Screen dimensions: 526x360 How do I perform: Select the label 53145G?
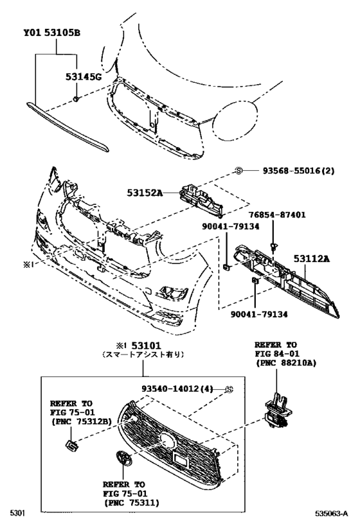click(83, 78)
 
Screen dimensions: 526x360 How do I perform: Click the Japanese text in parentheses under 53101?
click(143, 354)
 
